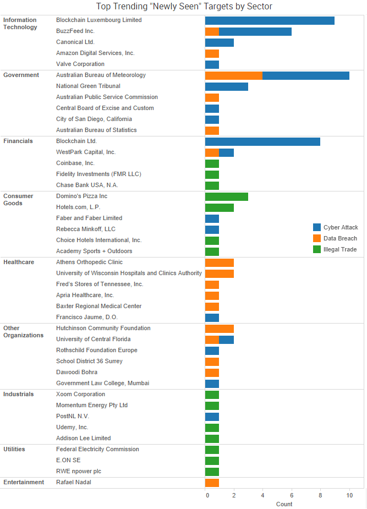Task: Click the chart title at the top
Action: click(x=184, y=7)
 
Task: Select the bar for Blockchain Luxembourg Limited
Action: click(x=270, y=20)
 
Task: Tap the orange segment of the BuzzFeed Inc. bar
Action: click(x=212, y=31)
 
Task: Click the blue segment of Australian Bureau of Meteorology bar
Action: click(x=306, y=75)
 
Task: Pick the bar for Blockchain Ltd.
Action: click(x=262, y=141)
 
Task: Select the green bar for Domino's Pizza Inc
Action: click(x=226, y=196)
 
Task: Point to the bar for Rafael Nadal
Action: click(x=212, y=483)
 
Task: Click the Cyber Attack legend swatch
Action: click(x=317, y=227)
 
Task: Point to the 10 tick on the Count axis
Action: click(x=349, y=496)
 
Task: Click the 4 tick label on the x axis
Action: click(x=263, y=496)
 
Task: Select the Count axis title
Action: click(x=284, y=504)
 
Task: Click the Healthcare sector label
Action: click(x=19, y=262)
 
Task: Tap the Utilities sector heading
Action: click(x=14, y=449)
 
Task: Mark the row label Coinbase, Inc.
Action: click(x=75, y=163)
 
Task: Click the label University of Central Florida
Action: click(x=93, y=339)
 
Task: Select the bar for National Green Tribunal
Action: click(x=226, y=86)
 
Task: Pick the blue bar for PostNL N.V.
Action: click(x=212, y=417)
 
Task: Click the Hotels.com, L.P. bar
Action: click(x=219, y=207)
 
